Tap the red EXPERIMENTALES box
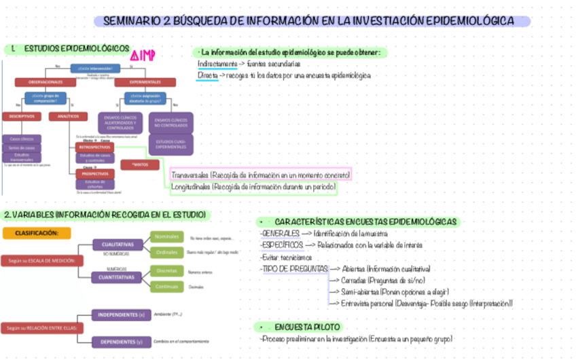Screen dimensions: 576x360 pyautogui.click(x=145, y=82)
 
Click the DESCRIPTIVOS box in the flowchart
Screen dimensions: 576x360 pyautogui.click(x=21, y=116)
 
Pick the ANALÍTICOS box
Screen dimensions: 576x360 pyautogui.click(x=68, y=116)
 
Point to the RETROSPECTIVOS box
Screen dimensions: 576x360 pyautogui.click(x=94, y=147)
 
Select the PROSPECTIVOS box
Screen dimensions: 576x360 pyautogui.click(x=94, y=173)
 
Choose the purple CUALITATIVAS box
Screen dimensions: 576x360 pyautogui.click(x=117, y=245)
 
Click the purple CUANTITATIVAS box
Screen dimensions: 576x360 pyautogui.click(x=117, y=277)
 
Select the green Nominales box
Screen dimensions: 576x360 pyautogui.click(x=166, y=236)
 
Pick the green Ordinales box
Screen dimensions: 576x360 pyautogui.click(x=166, y=253)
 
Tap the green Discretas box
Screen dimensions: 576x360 pyautogui.click(x=166, y=270)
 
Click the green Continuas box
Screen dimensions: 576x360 pyautogui.click(x=166, y=287)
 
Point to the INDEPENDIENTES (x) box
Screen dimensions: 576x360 pyautogui.click(x=121, y=315)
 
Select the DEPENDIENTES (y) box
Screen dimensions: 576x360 pyautogui.click(x=121, y=342)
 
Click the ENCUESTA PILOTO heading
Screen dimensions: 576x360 pyautogui.click(x=303, y=327)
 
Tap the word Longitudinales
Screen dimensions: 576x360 pyautogui.click(x=190, y=186)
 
